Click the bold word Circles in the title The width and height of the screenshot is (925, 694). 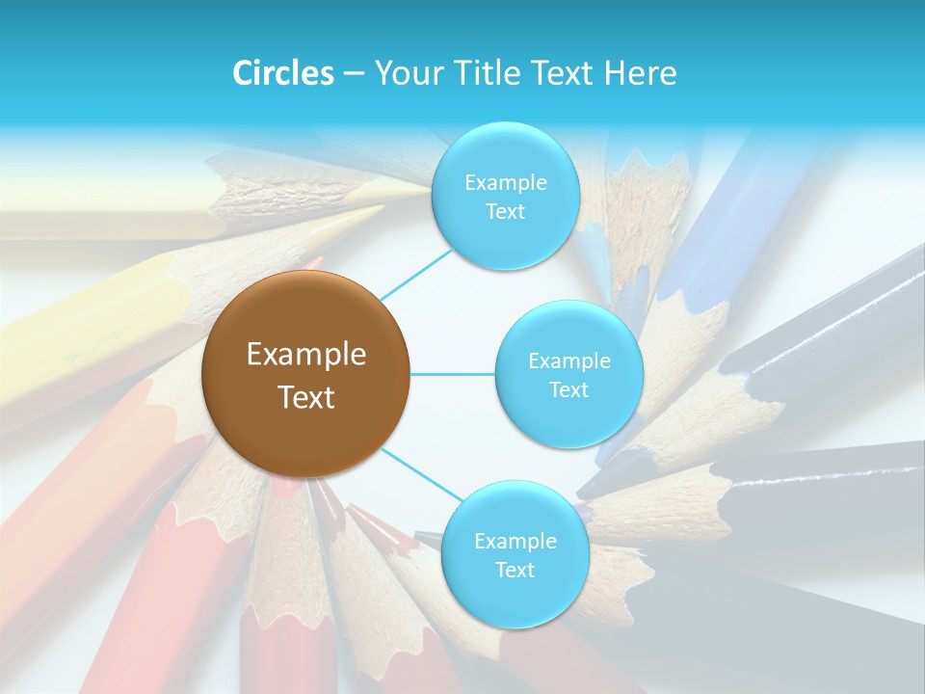(282, 73)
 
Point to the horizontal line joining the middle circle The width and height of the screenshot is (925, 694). (452, 374)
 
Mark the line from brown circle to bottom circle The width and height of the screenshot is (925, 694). (420, 474)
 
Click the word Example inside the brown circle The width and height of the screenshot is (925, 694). (306, 355)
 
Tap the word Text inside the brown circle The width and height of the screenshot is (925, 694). (306, 397)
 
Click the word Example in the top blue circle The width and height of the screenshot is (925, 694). (506, 183)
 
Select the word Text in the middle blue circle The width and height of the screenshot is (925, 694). (568, 389)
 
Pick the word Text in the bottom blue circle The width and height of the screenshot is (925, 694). (515, 570)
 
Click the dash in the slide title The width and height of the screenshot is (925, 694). (354, 74)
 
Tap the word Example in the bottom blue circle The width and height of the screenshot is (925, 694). (515, 541)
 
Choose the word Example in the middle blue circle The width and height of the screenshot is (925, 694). (569, 360)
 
